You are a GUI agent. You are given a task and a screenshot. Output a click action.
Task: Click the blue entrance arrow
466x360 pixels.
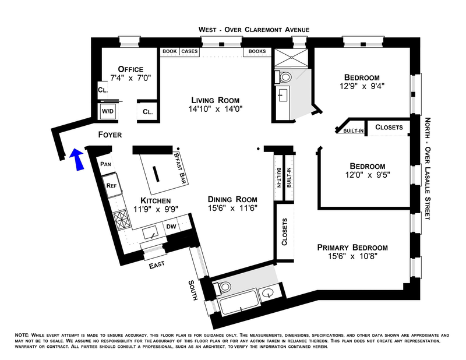[x=77, y=160]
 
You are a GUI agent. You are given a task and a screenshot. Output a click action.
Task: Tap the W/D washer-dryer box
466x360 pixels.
[x=108, y=111]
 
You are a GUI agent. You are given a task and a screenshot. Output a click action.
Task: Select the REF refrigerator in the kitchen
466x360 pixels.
[x=112, y=185]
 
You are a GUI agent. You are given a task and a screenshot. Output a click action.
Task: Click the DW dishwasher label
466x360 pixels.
[x=171, y=227]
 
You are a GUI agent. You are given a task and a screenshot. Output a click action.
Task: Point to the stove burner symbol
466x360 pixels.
[x=122, y=220]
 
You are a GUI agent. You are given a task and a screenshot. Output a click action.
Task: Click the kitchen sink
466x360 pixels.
[x=151, y=232]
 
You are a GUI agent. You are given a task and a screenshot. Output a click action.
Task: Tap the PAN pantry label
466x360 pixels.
[x=105, y=164]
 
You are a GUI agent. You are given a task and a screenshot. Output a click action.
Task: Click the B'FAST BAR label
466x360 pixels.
[x=180, y=168]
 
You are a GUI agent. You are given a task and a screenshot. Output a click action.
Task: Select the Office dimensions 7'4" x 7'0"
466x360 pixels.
[x=130, y=78]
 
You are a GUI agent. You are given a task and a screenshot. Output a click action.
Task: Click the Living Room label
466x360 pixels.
[x=215, y=100]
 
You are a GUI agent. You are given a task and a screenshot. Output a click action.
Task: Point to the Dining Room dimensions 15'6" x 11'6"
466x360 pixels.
[x=232, y=208]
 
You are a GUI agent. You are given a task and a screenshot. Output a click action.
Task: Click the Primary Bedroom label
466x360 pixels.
[x=352, y=248]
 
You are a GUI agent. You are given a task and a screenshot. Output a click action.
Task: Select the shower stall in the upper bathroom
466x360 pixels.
[x=291, y=58]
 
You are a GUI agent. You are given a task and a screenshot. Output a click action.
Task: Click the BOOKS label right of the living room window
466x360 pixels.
[x=257, y=51]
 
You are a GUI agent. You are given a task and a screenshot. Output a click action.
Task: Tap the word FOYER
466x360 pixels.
[x=110, y=135]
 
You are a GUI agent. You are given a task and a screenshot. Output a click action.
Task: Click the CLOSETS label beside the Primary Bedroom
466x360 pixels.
[x=284, y=232]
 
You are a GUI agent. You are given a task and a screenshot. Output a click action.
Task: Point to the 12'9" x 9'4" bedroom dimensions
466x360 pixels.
[x=362, y=86]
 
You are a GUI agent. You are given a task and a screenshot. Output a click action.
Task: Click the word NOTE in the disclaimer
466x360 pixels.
[x=22, y=335]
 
